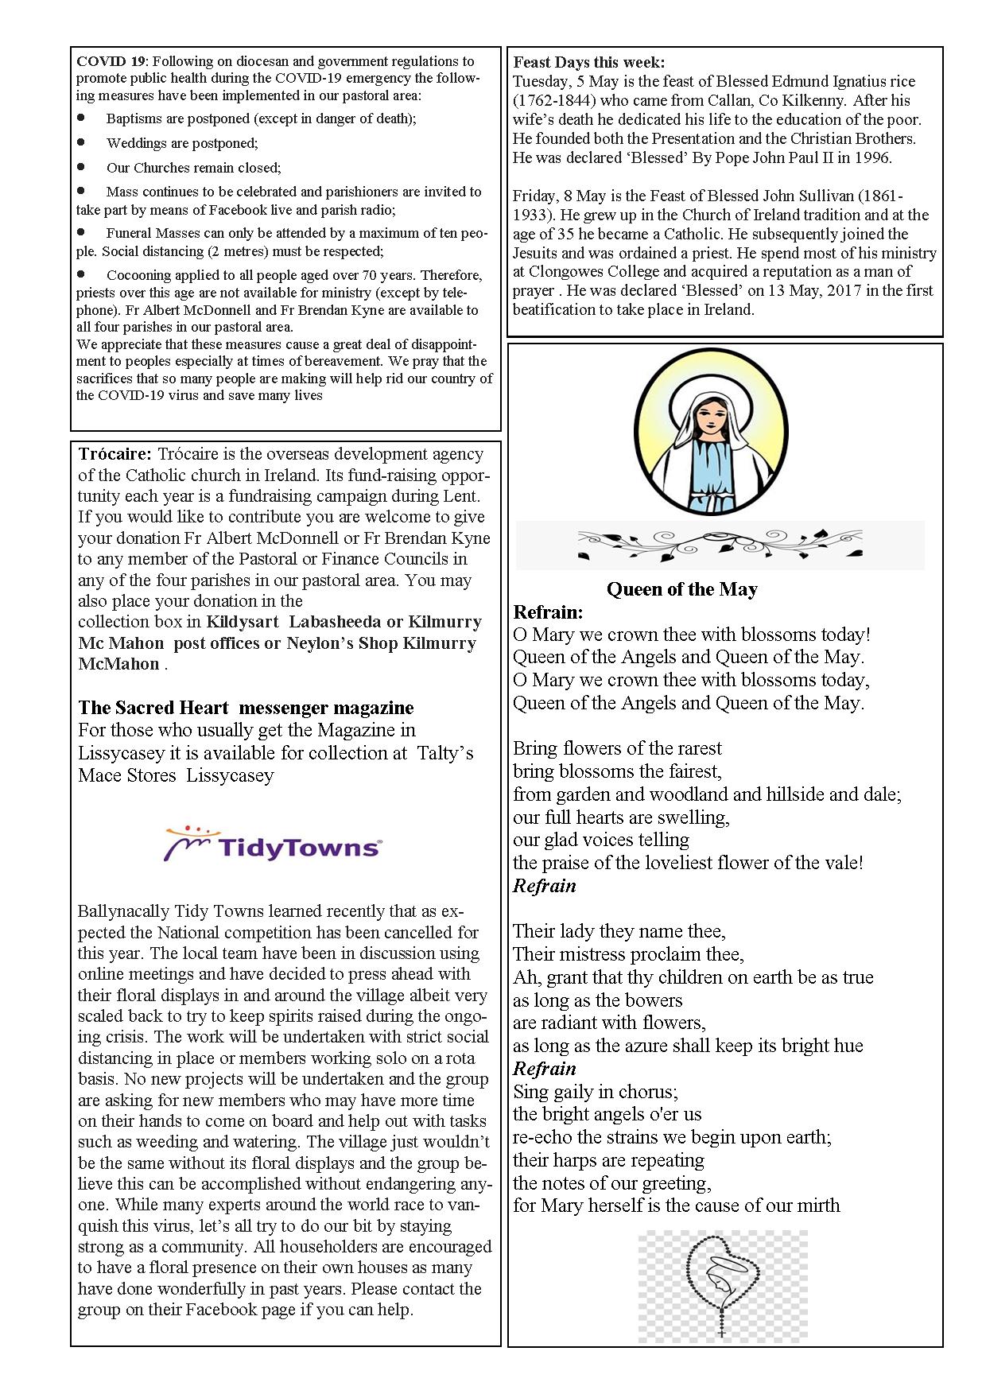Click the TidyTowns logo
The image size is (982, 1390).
click(x=273, y=844)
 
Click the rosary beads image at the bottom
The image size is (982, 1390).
click(x=722, y=1286)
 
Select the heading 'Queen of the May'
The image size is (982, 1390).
click(x=681, y=589)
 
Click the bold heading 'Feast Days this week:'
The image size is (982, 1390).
click(x=589, y=62)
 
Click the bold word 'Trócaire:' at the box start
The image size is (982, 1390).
click(x=115, y=454)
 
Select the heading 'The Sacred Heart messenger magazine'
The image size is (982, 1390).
click(x=246, y=708)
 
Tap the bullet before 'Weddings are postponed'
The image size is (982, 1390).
click(x=81, y=142)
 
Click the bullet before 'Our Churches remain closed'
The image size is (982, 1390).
click(x=81, y=167)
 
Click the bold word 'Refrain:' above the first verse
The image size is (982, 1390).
click(x=548, y=612)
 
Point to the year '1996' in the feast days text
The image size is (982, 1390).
click(x=872, y=157)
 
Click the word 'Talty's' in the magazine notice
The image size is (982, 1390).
click(x=445, y=752)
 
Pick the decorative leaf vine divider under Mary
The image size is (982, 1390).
click(x=720, y=545)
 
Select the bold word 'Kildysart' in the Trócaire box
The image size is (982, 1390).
click(x=243, y=622)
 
